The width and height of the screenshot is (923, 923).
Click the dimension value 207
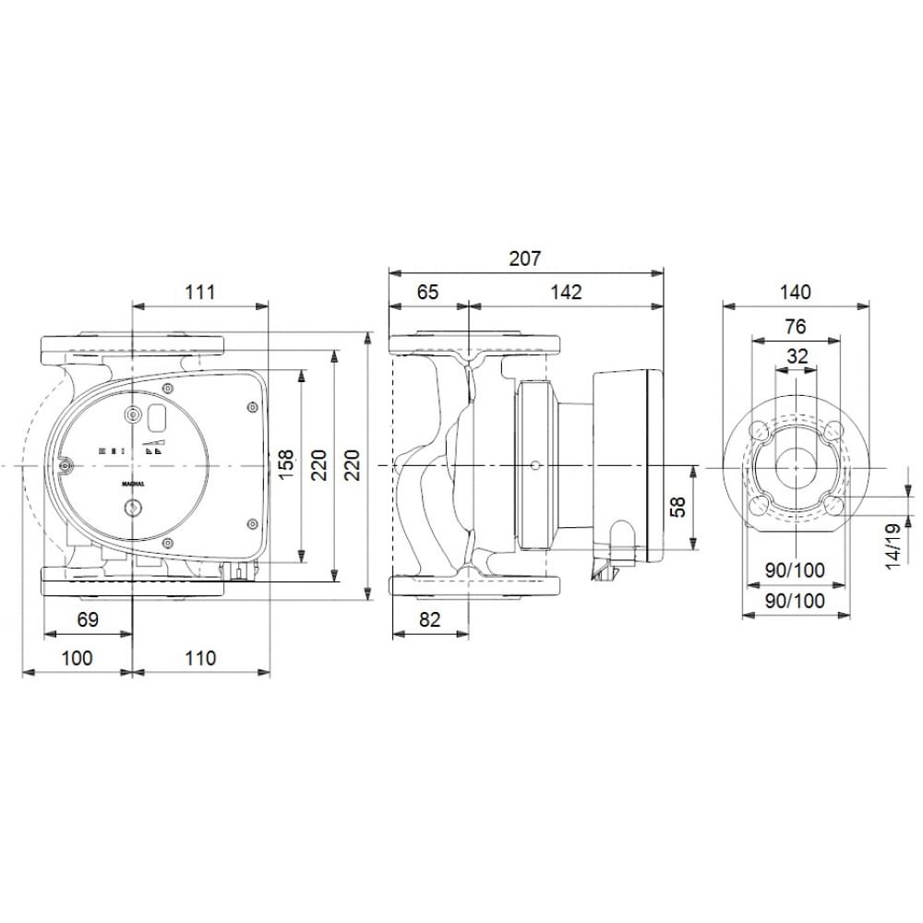525,258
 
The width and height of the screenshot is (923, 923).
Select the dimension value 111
198,292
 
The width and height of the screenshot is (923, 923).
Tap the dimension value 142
567,292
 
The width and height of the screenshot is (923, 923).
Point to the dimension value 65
427,292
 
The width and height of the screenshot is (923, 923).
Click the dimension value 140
795,292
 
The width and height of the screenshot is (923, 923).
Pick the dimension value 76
795,326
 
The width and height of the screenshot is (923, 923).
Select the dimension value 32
795,355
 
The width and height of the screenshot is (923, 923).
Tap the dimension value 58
679,507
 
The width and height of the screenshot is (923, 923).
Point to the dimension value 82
430,619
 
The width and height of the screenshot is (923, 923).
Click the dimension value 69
88,619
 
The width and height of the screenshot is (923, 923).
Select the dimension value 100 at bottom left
78,657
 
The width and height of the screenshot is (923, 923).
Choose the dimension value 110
199,657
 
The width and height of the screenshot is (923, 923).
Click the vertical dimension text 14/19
893,547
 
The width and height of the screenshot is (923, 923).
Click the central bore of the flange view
795,468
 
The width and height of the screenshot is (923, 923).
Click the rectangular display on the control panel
157,419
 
